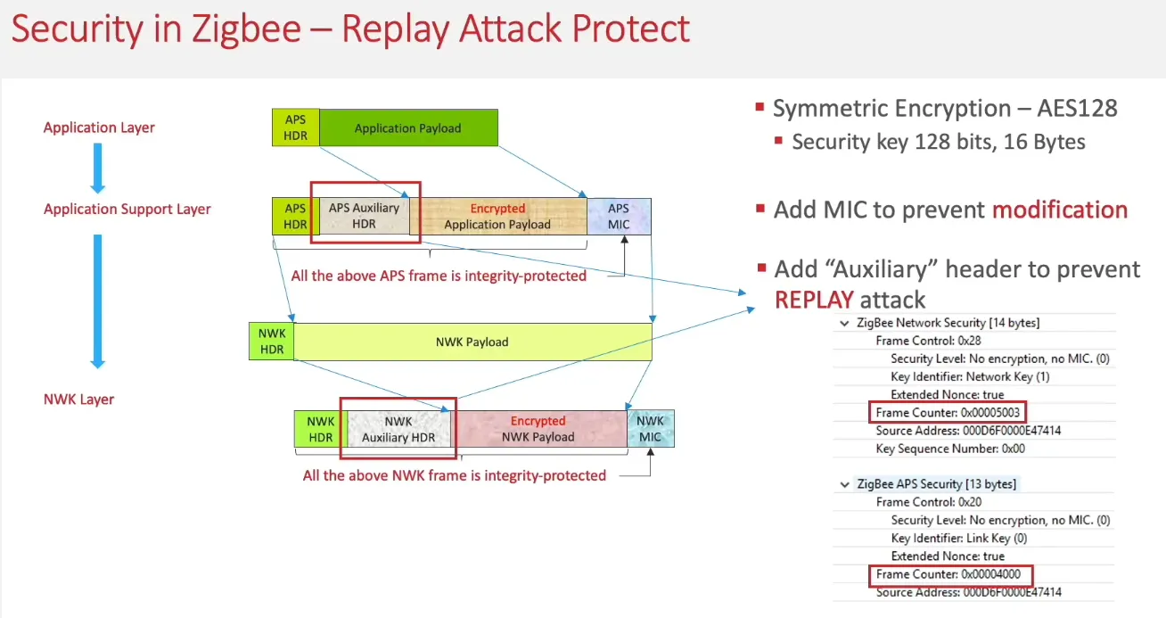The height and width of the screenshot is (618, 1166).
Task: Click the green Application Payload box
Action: pos(407,128)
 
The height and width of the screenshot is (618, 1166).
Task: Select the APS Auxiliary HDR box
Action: pos(364,216)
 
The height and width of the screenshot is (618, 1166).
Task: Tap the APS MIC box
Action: pos(619,216)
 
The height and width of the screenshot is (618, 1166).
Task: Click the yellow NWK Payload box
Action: pos(472,342)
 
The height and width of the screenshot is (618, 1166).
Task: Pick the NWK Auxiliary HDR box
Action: pos(398,428)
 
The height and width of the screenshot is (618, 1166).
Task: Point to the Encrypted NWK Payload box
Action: pos(538,428)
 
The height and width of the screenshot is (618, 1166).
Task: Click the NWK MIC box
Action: pos(651,428)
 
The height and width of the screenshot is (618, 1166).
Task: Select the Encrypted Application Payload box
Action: pos(497,216)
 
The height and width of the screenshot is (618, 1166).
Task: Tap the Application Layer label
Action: pos(99,128)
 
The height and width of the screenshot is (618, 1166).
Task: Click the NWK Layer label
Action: pos(78,399)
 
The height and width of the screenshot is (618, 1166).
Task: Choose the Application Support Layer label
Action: pos(127,209)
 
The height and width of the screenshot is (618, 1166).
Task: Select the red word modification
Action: pos(1060,210)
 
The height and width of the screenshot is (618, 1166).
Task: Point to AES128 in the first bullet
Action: pos(1077,108)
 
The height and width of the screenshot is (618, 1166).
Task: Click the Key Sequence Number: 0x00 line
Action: pos(950,449)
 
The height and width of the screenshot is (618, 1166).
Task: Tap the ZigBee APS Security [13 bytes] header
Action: pos(935,484)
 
